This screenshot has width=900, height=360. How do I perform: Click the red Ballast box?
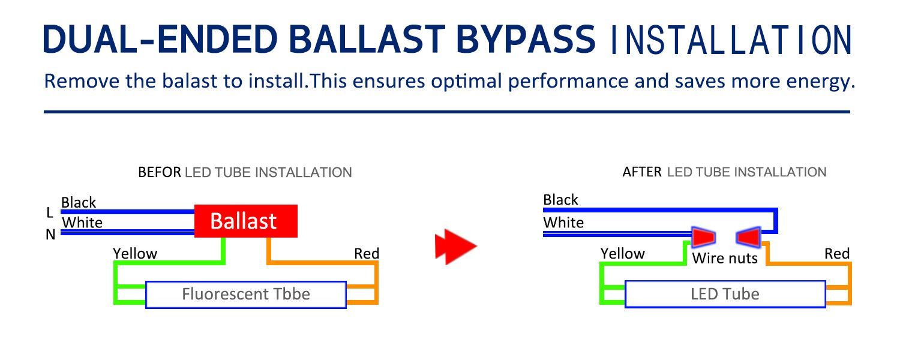pos(246,221)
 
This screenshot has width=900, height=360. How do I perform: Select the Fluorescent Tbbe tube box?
pos(246,295)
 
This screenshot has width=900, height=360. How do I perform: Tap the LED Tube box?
pos(725,294)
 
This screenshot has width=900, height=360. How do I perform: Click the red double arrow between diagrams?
pos(455,246)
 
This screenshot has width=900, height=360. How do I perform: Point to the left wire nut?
pos(704,236)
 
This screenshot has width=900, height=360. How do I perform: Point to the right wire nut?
pos(749,236)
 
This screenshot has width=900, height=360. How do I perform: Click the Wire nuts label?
pos(725,258)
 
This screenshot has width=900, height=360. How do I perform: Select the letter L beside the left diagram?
pos(50,212)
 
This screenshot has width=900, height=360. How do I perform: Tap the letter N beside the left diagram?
pos(50,234)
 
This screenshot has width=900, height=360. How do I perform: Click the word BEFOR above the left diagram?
pos(160,172)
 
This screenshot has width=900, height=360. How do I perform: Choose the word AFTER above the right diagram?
pos(642,172)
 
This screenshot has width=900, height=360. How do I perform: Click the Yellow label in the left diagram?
pos(135,254)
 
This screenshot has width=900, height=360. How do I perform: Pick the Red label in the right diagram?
pos(837,254)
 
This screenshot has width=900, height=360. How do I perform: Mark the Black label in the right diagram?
pos(560,200)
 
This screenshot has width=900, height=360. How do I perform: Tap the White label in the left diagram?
pos(82,223)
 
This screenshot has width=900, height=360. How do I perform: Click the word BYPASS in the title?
pos(526,39)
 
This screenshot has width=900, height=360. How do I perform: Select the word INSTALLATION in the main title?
pos(731,40)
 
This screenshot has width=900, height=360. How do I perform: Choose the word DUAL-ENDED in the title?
pos(160,39)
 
